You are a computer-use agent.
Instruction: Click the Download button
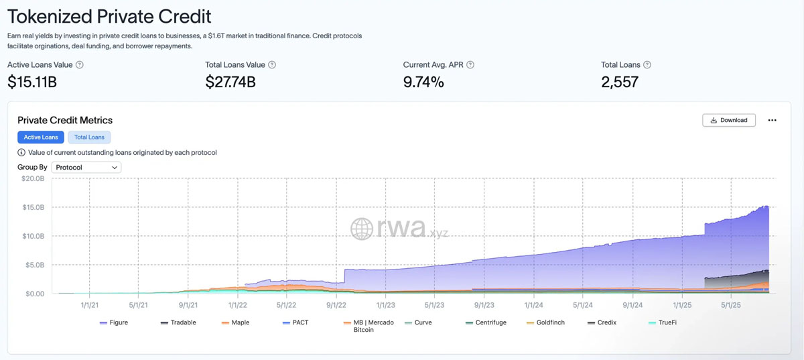729,120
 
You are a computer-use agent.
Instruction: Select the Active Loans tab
41,137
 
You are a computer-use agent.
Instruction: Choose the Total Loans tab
89,137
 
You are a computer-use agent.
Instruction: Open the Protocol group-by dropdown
86,168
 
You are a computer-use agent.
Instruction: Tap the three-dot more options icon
772,120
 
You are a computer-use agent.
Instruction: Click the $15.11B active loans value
32,82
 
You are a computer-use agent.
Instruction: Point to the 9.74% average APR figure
423,82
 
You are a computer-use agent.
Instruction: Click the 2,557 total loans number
620,82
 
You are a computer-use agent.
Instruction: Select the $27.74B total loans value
230,82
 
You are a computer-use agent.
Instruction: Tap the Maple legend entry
240,322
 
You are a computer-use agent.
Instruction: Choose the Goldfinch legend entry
550,322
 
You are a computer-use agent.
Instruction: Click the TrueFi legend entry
667,322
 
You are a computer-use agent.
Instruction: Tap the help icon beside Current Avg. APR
470,65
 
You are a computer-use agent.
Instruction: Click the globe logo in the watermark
362,229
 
